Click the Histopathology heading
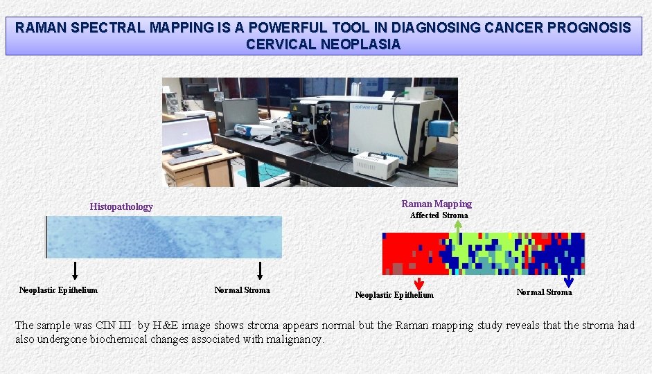click(x=121, y=206)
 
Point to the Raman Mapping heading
click(x=437, y=204)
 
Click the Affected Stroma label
click(x=439, y=215)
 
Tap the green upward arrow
click(x=457, y=226)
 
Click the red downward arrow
click(x=418, y=283)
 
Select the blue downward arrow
click(x=569, y=280)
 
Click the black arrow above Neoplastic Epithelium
click(x=75, y=270)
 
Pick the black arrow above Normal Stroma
click(x=260, y=270)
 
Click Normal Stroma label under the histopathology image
click(x=242, y=290)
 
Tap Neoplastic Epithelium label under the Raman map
click(x=394, y=295)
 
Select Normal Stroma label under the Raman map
click(x=544, y=292)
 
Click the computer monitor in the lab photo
click(x=188, y=134)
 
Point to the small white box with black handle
click(x=376, y=165)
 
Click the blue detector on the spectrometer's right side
click(x=440, y=128)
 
